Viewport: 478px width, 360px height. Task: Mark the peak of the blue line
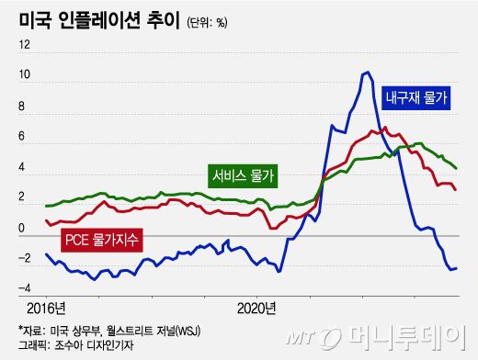[367, 72]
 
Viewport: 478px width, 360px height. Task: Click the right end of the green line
[457, 168]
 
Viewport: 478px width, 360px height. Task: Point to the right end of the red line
[457, 189]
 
